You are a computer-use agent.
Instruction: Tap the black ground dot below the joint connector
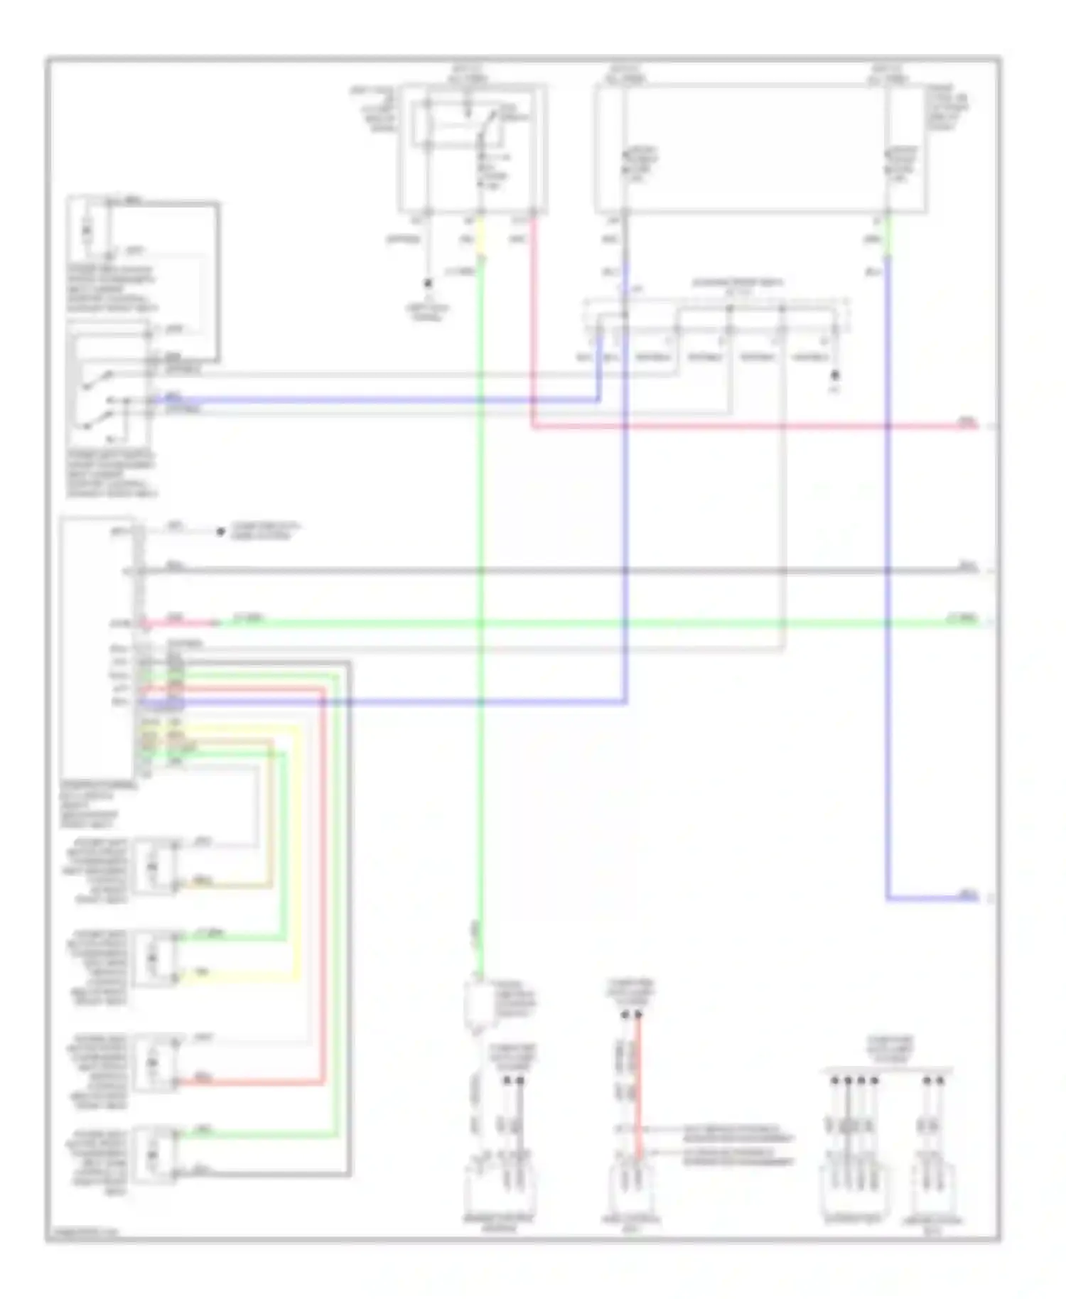(836, 374)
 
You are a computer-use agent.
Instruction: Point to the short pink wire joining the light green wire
(181, 623)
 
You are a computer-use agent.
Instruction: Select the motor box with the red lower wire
(157, 1062)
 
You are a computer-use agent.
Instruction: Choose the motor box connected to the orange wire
(157, 866)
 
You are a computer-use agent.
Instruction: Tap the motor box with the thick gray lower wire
(157, 1155)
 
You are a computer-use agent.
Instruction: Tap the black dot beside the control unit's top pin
(220, 532)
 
